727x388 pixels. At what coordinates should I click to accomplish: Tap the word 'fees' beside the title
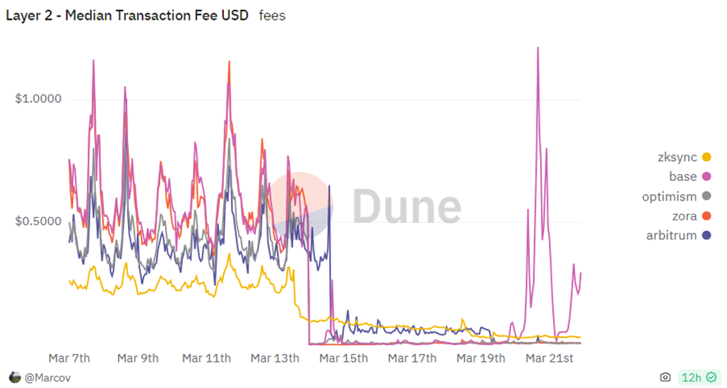pyautogui.click(x=272, y=16)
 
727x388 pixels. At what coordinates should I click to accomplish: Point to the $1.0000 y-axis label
pyautogui.click(x=38, y=99)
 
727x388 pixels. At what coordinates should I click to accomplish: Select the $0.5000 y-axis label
pyautogui.click(x=38, y=221)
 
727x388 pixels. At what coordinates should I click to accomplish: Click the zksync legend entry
pyautogui.click(x=672, y=157)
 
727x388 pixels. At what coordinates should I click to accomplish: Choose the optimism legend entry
pyautogui.click(x=669, y=196)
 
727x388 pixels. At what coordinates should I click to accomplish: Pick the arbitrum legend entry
pyautogui.click(x=670, y=236)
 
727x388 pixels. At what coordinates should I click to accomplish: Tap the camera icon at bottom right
pyautogui.click(x=665, y=377)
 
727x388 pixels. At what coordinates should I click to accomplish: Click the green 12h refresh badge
pyautogui.click(x=698, y=377)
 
